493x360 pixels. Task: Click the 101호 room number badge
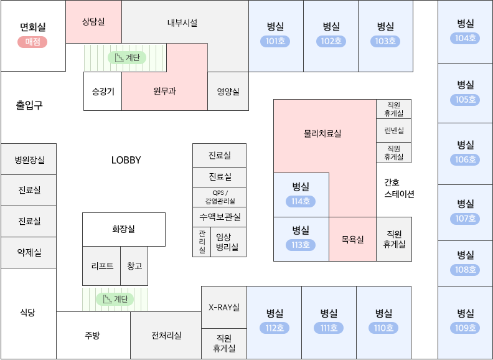[275, 42]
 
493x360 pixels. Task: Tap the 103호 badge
[385, 42]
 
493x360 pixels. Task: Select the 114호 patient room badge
[301, 201]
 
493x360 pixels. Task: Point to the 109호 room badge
[466, 328]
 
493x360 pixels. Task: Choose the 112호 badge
[275, 328]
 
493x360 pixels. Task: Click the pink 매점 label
[32, 42]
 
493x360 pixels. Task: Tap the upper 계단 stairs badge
[127, 57]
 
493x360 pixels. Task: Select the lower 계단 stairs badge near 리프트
[115, 299]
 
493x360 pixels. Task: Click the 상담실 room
[93, 22]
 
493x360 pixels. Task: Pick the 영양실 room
[228, 92]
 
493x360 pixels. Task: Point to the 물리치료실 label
[322, 133]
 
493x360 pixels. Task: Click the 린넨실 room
[393, 131]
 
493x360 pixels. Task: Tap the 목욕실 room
[352, 239]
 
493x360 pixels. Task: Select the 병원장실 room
[29, 160]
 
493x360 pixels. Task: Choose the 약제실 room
[29, 252]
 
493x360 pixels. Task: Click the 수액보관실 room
[219, 217]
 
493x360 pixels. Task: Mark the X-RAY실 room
[223, 307]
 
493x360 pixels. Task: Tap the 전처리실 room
[166, 336]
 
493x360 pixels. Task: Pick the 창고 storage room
[134, 266]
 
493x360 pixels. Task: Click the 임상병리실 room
[228, 242]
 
